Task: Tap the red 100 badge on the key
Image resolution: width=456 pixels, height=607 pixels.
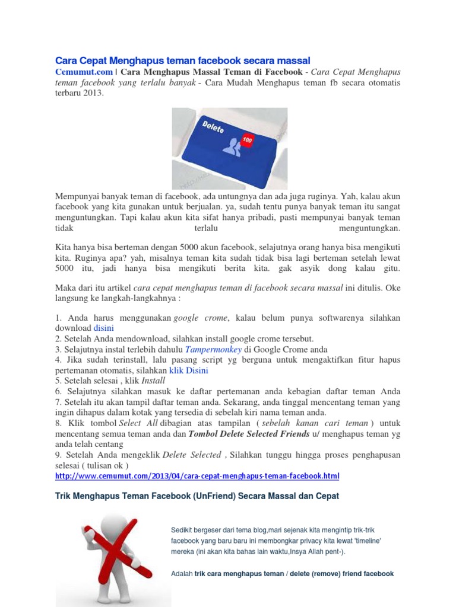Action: point(247,139)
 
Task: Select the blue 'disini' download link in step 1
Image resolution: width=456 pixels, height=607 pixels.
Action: point(103,328)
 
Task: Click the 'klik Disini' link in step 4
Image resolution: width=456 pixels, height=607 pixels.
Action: point(189,370)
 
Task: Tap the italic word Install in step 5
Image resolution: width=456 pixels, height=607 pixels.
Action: point(153,381)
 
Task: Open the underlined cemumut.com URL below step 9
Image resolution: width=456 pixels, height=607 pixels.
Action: point(197,476)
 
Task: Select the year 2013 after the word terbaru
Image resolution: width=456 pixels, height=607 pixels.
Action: point(92,93)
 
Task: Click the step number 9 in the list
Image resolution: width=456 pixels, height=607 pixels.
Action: point(58,455)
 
